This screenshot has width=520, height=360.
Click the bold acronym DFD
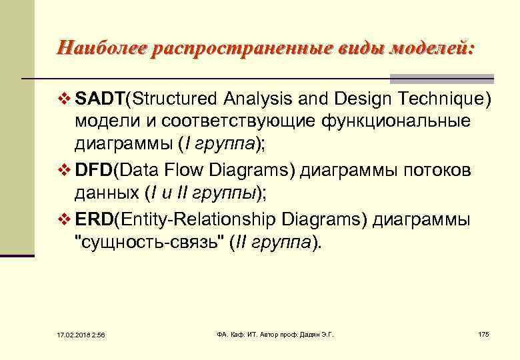pyautogui.click(x=94, y=171)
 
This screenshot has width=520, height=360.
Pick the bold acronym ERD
pyautogui.click(x=94, y=219)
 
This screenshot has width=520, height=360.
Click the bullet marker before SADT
pyautogui.click(x=64, y=100)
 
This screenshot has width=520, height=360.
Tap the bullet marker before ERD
pyautogui.click(x=64, y=219)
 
